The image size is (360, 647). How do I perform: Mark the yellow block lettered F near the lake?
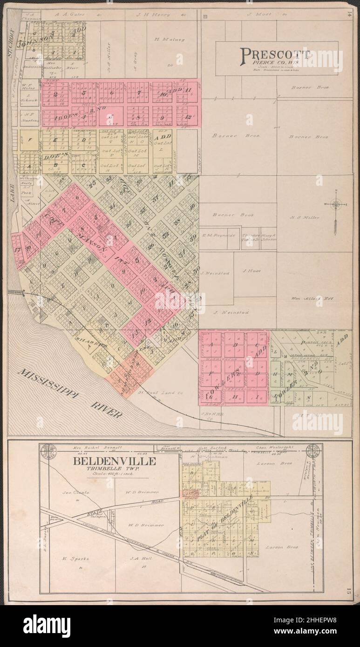[30, 140]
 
